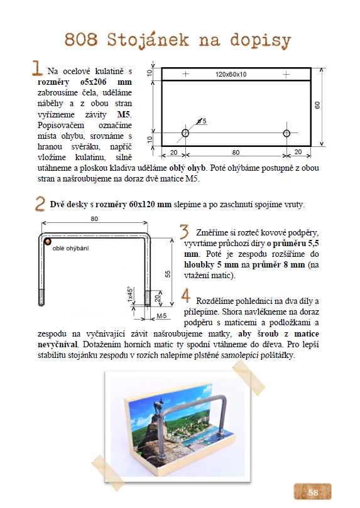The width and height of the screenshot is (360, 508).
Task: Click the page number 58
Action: pyautogui.click(x=313, y=492)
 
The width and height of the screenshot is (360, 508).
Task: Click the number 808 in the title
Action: pyautogui.click(x=81, y=40)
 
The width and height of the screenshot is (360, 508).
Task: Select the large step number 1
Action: pyautogui.click(x=37, y=68)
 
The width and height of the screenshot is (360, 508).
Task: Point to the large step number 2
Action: pyautogui.click(x=40, y=204)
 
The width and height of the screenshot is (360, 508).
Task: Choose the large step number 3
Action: pyautogui.click(x=184, y=231)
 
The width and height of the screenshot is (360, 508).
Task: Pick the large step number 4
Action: pyautogui.click(x=185, y=295)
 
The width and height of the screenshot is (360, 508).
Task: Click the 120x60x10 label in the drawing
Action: pyautogui.click(x=231, y=75)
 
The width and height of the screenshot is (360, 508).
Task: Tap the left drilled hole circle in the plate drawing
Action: pyautogui.click(x=185, y=133)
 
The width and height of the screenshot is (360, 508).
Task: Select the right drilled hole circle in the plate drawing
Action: pyautogui.click(x=286, y=133)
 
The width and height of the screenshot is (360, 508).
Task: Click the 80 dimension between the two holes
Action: pyautogui.click(x=236, y=152)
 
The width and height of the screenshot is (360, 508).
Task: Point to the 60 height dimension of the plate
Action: pyautogui.click(x=317, y=105)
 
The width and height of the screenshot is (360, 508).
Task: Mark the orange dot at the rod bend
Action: pyautogui.click(x=48, y=241)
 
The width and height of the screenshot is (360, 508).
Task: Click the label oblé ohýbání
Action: pyautogui.click(x=70, y=249)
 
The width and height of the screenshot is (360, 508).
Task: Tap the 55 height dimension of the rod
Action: pyautogui.click(x=168, y=274)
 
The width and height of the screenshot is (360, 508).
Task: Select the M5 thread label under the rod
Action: pyautogui.click(x=161, y=316)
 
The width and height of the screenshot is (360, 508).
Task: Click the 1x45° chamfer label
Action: pyautogui.click(x=130, y=294)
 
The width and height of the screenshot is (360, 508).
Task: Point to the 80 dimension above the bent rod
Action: pyautogui.click(x=94, y=219)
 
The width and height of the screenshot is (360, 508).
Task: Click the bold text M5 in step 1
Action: pyautogui.click(x=124, y=114)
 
